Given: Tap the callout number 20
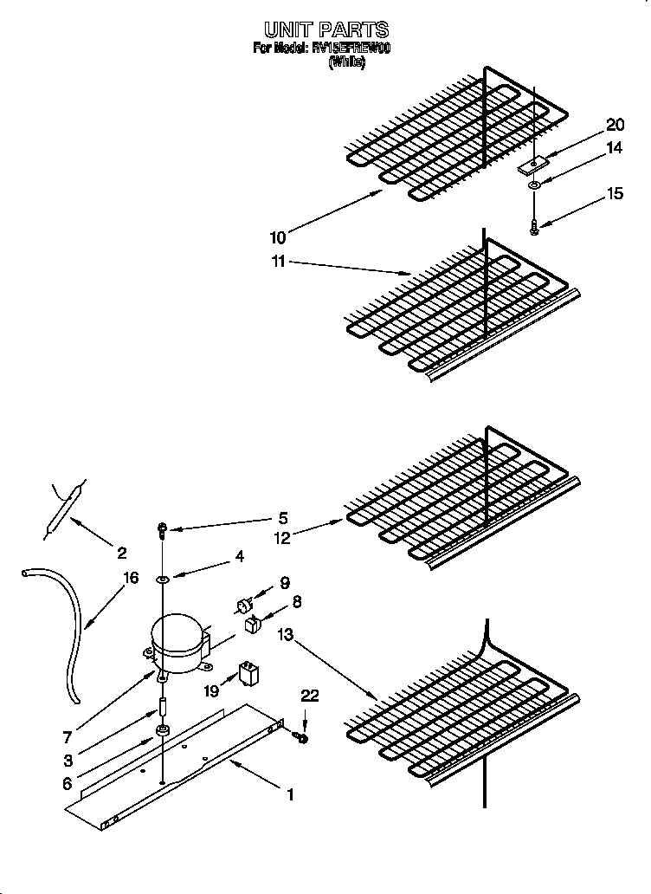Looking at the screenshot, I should (x=615, y=125).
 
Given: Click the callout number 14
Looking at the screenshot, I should (x=615, y=148).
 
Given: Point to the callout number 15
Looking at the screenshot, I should (x=615, y=194).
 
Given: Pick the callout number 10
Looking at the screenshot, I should (x=277, y=237).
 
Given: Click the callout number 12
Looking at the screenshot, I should (x=282, y=537).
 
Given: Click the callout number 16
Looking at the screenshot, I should (x=131, y=578).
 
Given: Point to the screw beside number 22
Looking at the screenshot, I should (x=301, y=736).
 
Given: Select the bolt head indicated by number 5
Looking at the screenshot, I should (x=163, y=528).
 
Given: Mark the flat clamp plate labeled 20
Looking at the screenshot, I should (x=533, y=163).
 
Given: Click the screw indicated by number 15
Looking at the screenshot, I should (x=534, y=226).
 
